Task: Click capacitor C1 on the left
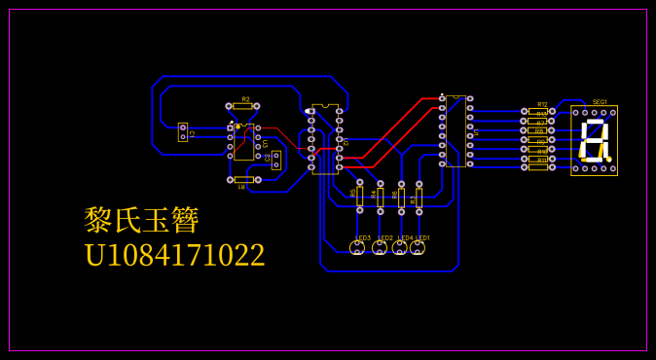pos(183,131)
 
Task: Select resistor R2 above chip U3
pos(243,106)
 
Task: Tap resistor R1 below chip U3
pos(243,179)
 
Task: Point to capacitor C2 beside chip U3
pos(276,160)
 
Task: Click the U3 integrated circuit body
pos(243,141)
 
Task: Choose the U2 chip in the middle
pos(325,138)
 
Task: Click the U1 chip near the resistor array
pos(456,130)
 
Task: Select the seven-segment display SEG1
pos(594,141)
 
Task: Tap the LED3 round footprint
pos(357,248)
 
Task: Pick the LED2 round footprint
pos(380,248)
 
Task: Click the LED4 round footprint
pos(400,248)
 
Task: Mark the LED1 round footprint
pos(418,248)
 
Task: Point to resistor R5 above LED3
pos(359,196)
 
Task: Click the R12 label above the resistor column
pos(542,104)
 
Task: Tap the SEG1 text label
pos(600,101)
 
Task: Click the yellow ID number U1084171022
pos(174,255)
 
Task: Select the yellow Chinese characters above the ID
pos(142,220)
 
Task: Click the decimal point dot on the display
pos(610,158)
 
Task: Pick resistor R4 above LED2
pos(381,198)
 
